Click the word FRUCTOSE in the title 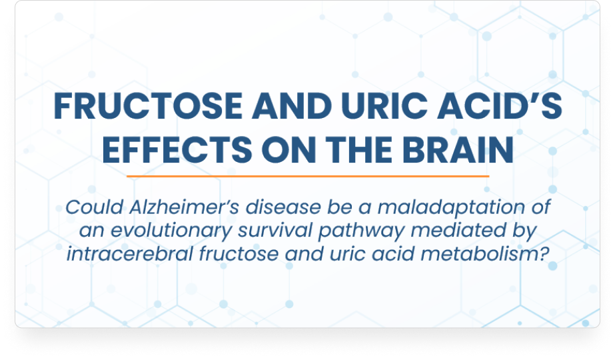[x=148, y=106]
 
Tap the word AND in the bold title [x=292, y=106]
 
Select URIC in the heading [x=384, y=106]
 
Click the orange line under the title [x=308, y=176]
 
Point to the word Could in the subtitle [x=95, y=207]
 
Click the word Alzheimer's [x=184, y=207]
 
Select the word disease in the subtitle [x=283, y=207]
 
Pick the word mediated [x=458, y=230]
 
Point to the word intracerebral [x=130, y=253]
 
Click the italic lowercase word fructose [x=239, y=253]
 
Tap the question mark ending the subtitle [x=544, y=253]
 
